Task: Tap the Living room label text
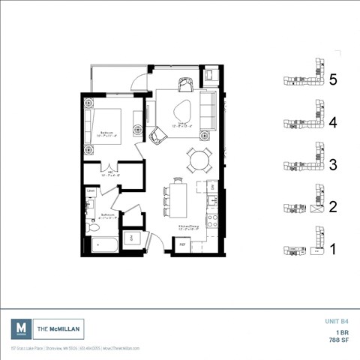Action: click(x=181, y=126)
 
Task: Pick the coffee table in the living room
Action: click(x=181, y=113)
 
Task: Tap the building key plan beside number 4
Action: click(x=303, y=122)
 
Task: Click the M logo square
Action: click(x=22, y=328)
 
